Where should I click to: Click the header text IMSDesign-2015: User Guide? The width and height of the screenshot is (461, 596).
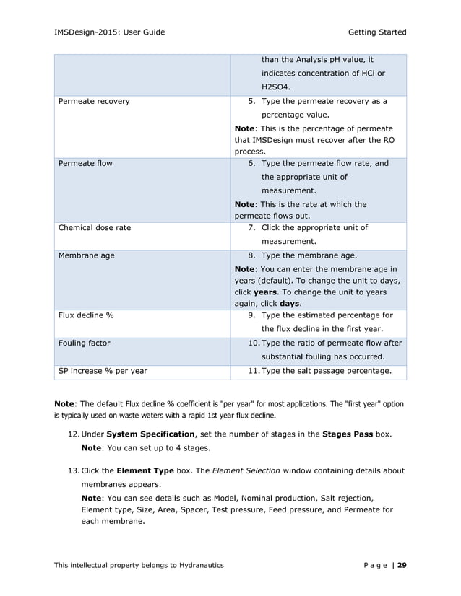109,32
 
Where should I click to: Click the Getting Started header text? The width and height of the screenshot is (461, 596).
377,32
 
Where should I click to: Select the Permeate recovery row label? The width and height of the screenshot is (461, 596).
94,101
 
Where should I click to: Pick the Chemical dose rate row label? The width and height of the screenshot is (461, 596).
95,228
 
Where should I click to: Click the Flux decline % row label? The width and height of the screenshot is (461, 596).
85,315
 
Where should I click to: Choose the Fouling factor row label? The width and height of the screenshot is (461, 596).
84,343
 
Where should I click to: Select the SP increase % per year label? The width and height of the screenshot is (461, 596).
102,371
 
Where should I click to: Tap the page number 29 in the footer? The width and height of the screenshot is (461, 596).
401,564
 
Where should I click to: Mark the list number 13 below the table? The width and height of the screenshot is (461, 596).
74,470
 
